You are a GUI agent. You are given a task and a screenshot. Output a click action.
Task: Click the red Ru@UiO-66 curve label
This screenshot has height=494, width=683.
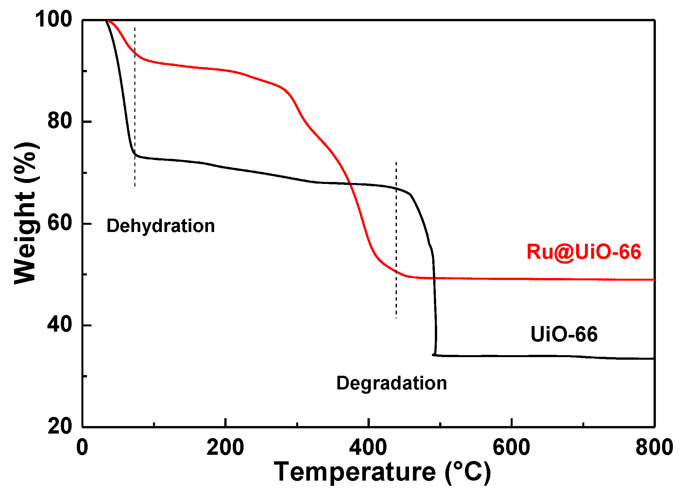click(584, 252)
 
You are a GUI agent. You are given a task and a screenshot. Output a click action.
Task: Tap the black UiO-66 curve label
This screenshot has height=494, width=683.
click(564, 334)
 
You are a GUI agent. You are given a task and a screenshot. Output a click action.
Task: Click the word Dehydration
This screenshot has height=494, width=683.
click(161, 226)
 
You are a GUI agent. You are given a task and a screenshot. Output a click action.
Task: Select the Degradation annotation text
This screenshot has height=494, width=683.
click(392, 383)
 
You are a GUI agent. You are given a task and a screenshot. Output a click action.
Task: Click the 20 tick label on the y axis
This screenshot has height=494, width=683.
click(60, 426)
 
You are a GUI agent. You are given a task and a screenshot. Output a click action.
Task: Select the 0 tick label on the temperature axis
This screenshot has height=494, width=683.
click(82, 447)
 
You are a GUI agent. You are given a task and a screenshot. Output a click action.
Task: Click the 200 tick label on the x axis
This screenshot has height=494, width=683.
click(225, 447)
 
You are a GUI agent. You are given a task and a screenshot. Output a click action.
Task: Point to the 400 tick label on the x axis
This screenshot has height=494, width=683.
click(368, 447)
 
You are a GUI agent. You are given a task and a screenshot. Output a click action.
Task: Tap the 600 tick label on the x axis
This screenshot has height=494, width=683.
click(511, 447)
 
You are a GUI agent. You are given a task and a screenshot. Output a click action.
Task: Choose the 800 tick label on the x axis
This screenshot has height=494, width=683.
click(654, 447)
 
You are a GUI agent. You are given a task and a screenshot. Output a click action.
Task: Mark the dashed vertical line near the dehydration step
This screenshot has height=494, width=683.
click(135, 108)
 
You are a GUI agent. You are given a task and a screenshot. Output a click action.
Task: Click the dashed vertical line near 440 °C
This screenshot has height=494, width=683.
click(396, 239)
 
